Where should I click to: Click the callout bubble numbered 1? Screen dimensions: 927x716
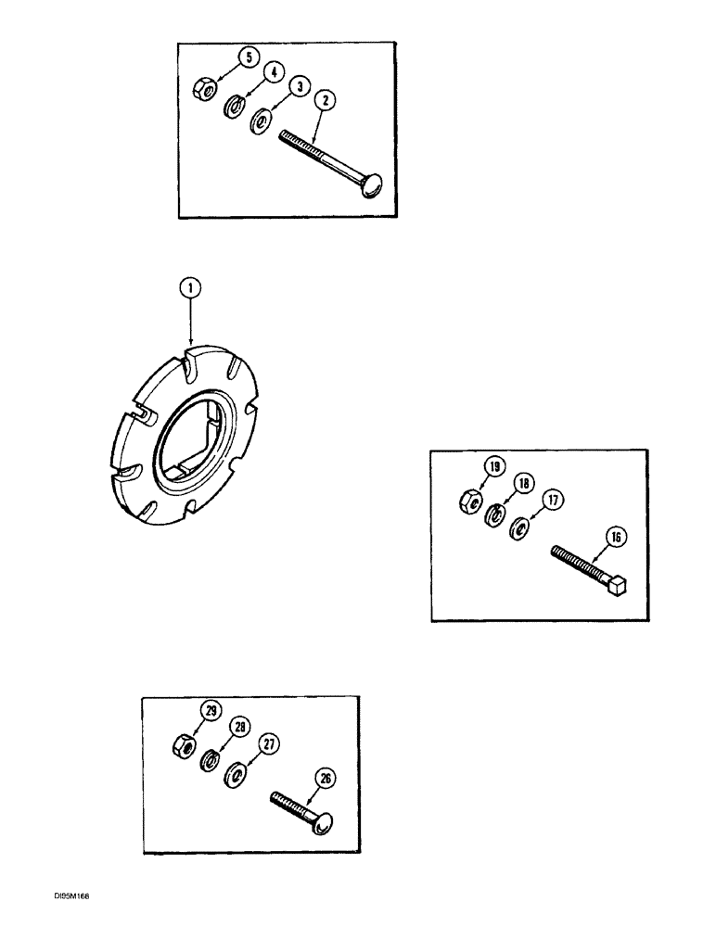click(x=189, y=290)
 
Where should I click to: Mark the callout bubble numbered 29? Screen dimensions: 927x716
click(x=211, y=710)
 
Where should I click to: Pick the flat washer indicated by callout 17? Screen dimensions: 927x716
click(x=520, y=529)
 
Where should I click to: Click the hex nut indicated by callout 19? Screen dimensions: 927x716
click(x=470, y=502)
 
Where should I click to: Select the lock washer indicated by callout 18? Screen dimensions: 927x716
click(x=495, y=514)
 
